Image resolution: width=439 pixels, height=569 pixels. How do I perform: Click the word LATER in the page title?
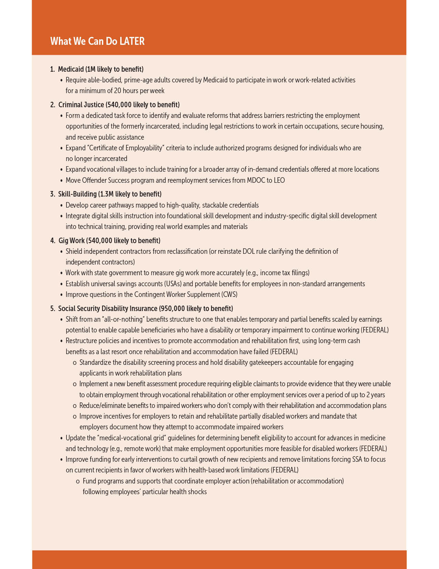(x=132, y=41)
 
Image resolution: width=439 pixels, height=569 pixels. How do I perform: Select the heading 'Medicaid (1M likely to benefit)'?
(x=101, y=69)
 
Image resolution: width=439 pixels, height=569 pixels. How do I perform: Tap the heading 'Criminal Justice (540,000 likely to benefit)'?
(x=119, y=104)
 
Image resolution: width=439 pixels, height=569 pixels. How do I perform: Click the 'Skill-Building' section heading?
(x=77, y=194)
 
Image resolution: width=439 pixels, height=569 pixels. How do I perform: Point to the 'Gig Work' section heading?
(x=72, y=240)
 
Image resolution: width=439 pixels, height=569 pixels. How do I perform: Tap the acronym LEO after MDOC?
(x=279, y=180)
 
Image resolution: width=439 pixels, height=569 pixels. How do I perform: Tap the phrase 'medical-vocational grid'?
(x=130, y=438)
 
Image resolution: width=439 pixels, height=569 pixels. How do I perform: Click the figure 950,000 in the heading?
(x=173, y=308)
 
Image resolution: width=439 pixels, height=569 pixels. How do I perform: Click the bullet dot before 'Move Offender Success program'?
(x=62, y=181)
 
